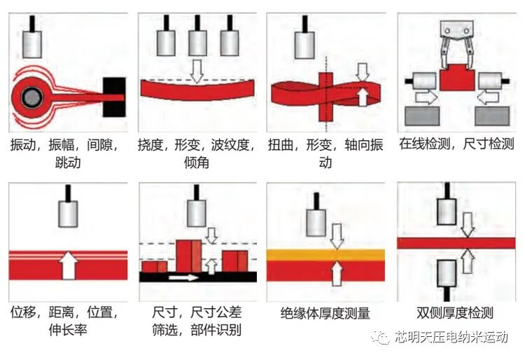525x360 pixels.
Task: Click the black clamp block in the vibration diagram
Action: pos(115,97)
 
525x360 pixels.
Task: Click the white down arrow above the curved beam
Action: pos(197,70)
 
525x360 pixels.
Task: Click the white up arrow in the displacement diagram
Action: pos(68,265)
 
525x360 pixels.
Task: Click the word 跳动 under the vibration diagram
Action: pos(67,163)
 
